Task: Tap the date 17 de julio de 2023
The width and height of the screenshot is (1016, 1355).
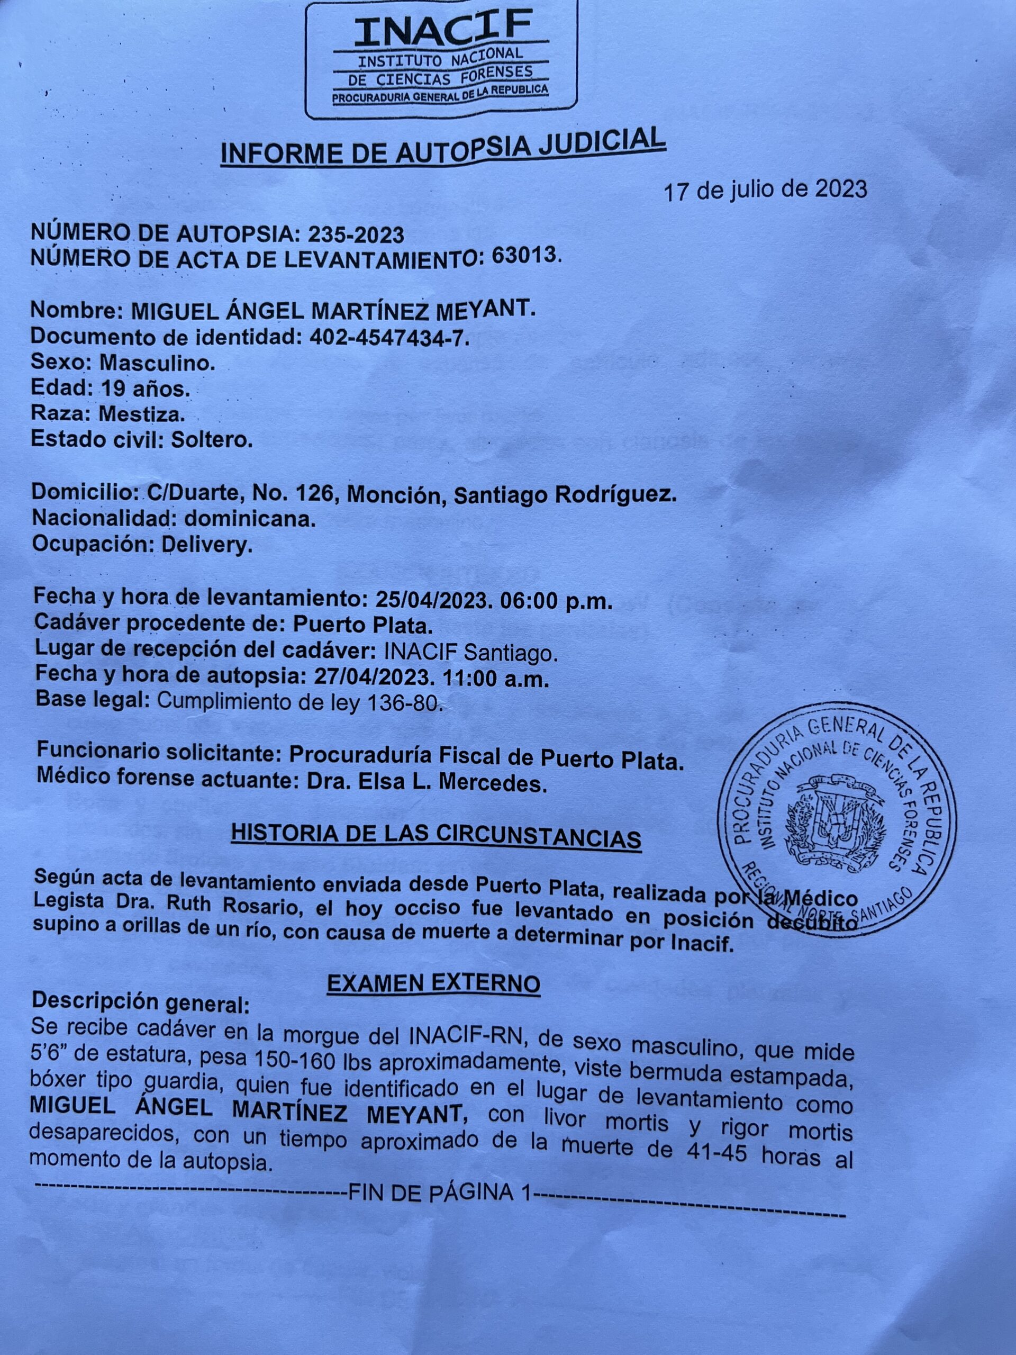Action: coord(766,191)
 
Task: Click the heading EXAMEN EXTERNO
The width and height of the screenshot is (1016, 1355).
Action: coord(433,983)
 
